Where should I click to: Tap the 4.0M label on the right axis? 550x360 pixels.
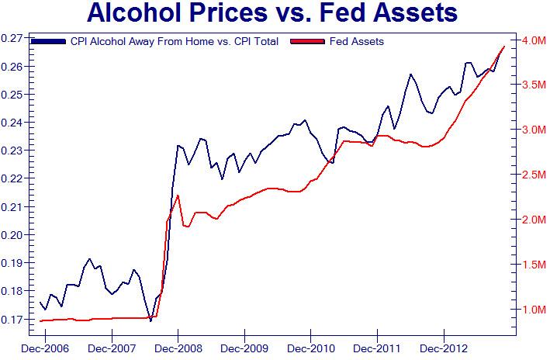(533, 40)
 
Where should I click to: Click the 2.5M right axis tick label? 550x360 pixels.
(533, 175)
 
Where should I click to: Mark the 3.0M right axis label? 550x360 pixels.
(533, 130)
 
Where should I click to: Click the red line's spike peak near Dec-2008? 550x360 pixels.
(178, 196)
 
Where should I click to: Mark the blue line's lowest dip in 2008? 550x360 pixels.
(150, 320)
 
